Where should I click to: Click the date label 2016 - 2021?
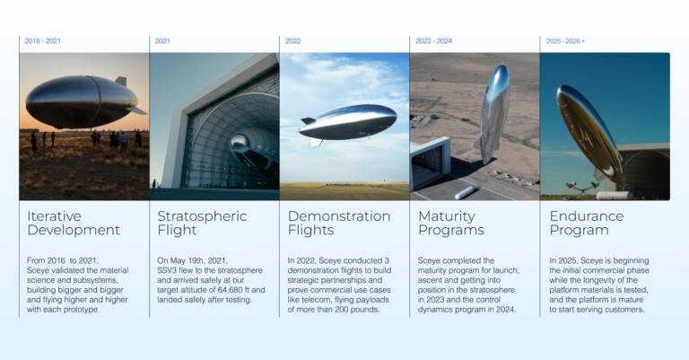point(43,41)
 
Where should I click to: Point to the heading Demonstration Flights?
point(338,224)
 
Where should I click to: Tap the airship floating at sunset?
point(80,101)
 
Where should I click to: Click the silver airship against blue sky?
point(348,122)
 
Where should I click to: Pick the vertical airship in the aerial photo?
point(493,112)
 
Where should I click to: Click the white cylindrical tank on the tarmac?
point(466,192)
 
